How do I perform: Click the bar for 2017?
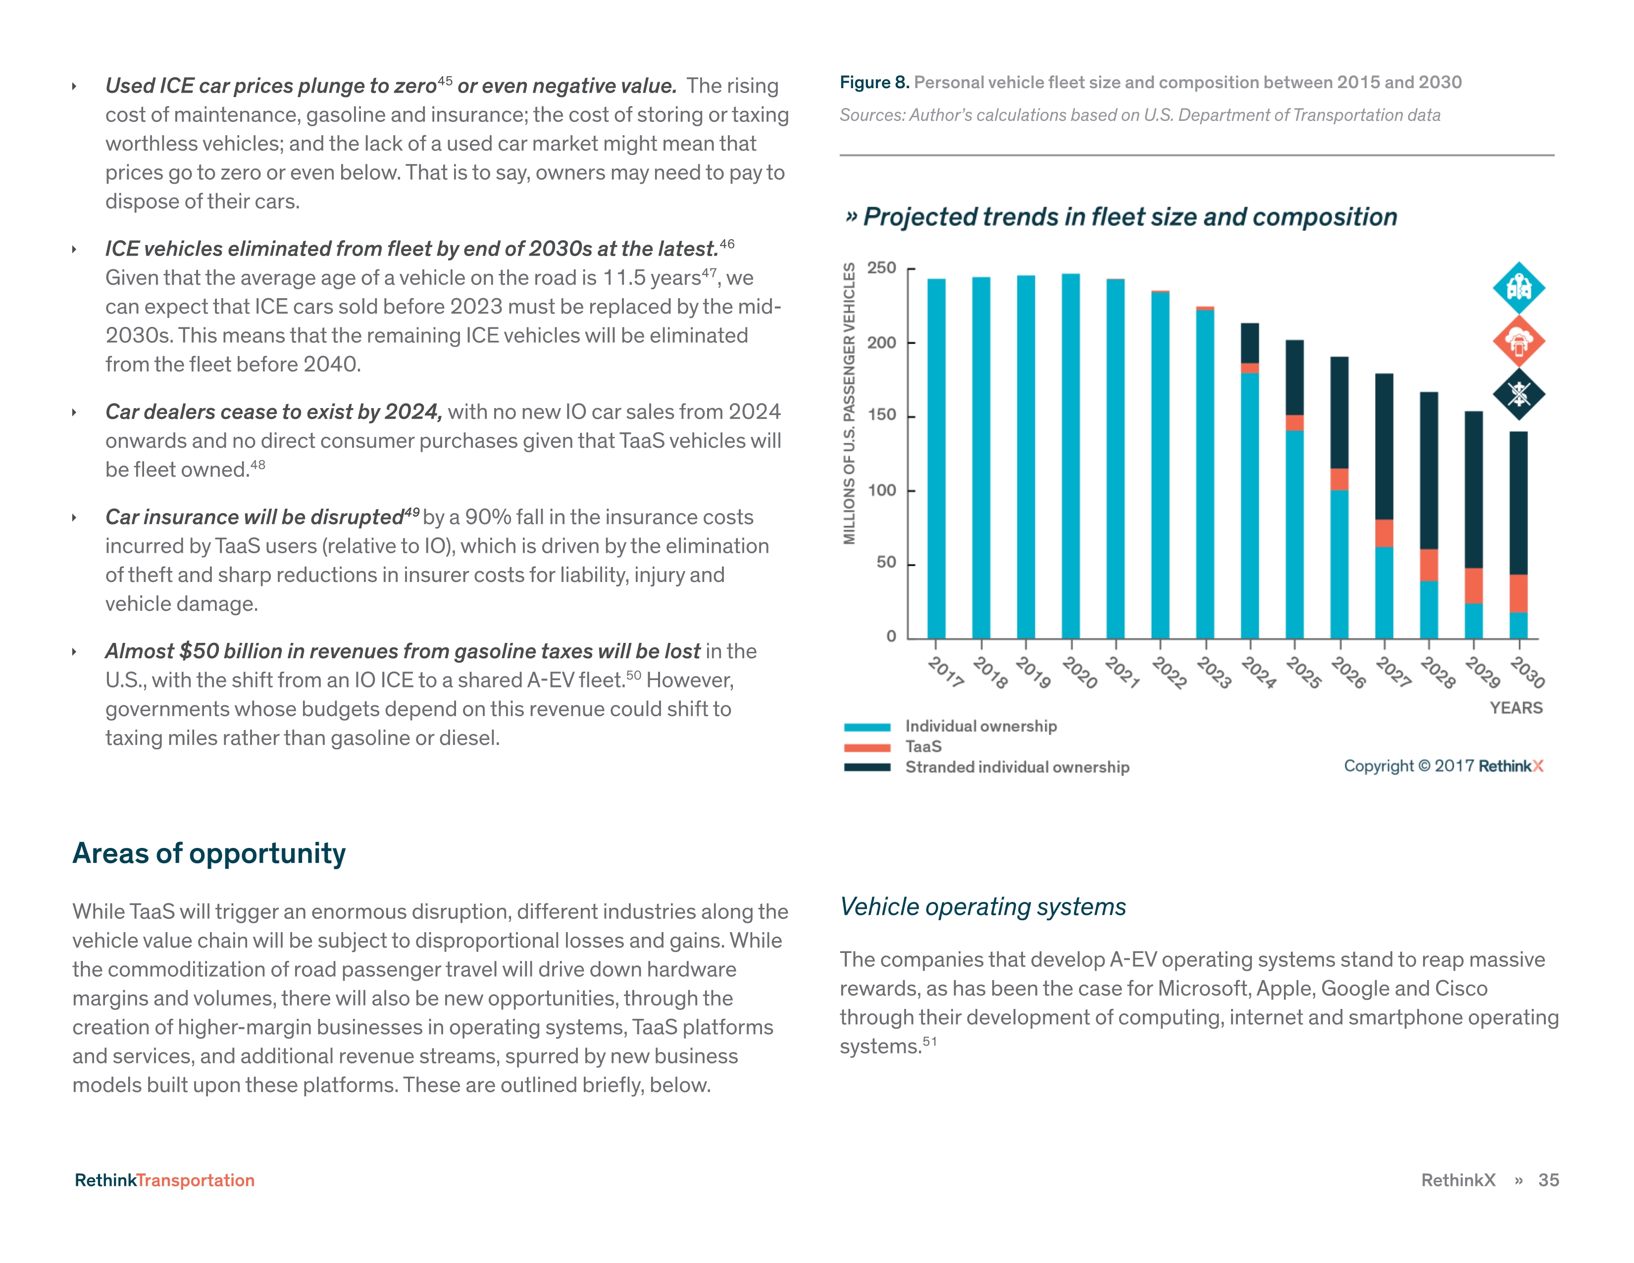(x=936, y=458)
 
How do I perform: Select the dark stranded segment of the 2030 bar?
(x=1518, y=503)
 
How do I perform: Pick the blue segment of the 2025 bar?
(x=1294, y=534)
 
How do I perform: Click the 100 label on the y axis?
(x=881, y=490)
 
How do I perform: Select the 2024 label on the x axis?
(x=1258, y=672)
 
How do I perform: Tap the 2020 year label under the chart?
(x=1079, y=672)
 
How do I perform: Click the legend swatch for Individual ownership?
(x=867, y=727)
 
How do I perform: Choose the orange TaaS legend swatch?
(x=867, y=747)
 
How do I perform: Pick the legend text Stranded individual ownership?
(x=1017, y=767)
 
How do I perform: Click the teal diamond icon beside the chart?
(x=1518, y=287)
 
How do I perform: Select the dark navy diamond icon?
(x=1518, y=394)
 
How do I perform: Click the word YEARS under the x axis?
(x=1516, y=708)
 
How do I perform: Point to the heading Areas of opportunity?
(x=209, y=853)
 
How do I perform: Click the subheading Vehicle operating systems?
(x=982, y=907)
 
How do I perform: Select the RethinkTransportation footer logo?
(x=164, y=1180)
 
